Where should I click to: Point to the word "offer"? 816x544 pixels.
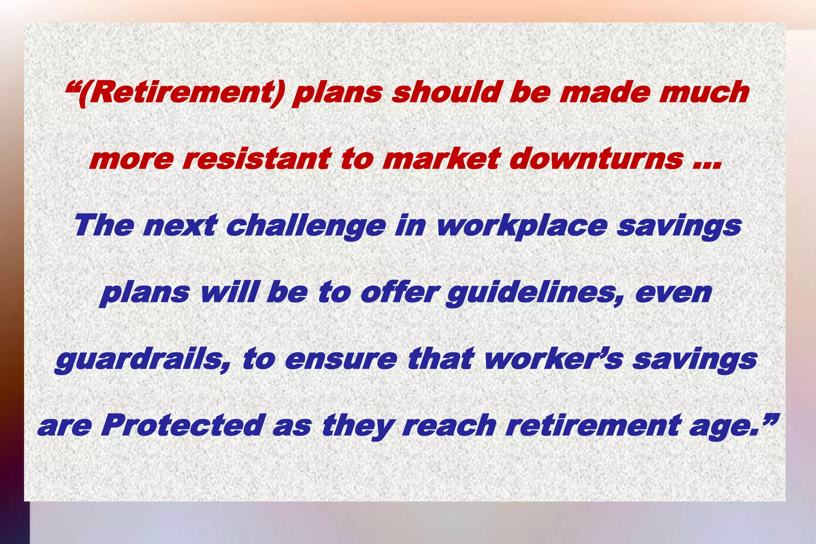coord(399,293)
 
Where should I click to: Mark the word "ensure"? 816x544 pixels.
coord(341,360)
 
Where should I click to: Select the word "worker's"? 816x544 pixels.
coord(554,359)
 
